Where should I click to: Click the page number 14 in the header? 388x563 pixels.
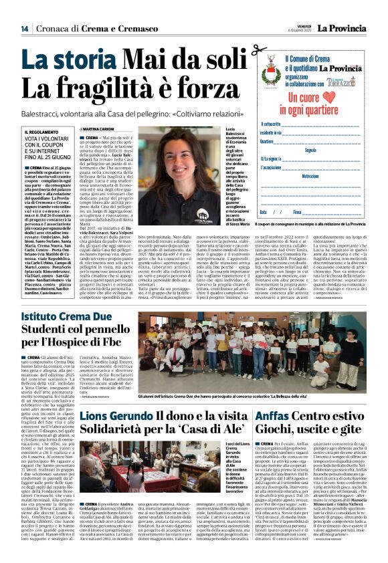point(24,28)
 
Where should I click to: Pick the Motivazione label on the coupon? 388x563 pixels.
point(309,176)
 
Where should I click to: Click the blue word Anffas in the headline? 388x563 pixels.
point(293,415)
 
